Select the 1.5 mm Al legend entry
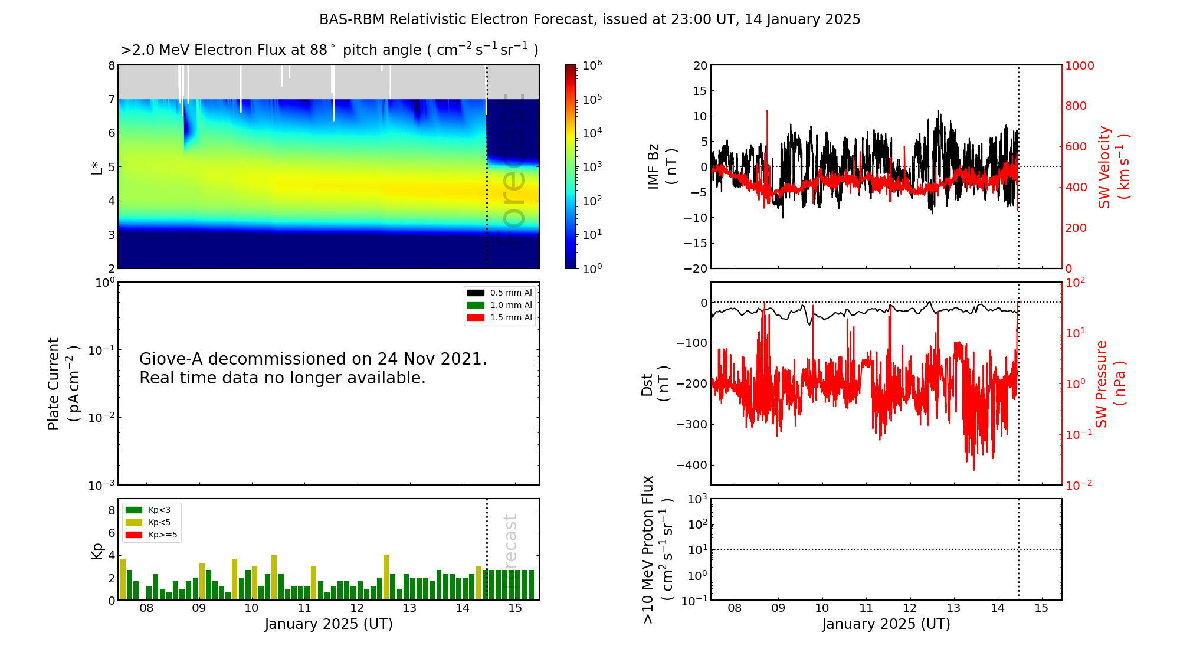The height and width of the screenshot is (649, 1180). click(511, 318)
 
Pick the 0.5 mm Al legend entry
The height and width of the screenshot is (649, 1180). click(511, 293)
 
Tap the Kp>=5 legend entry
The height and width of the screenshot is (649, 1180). click(162, 535)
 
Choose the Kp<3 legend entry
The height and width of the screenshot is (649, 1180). click(159, 510)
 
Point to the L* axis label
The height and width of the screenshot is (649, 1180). click(97, 167)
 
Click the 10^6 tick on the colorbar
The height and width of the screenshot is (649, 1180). click(592, 65)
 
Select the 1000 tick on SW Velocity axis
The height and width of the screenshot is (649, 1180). click(1079, 65)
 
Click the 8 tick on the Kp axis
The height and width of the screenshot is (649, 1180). click(112, 510)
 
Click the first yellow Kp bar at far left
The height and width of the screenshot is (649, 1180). click(123, 579)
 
